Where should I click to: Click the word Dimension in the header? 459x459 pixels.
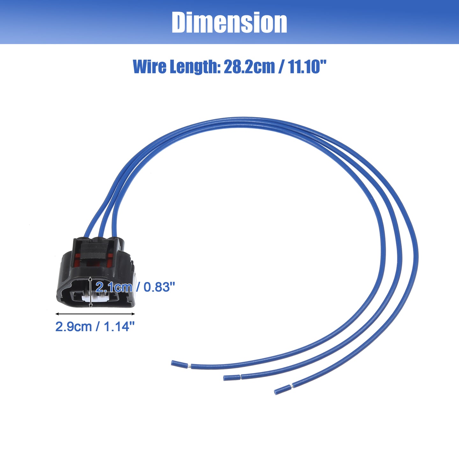pyautogui.click(x=229, y=23)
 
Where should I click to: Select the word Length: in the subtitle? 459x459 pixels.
pyautogui.click(x=195, y=67)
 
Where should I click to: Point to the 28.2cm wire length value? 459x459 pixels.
pyautogui.click(x=249, y=67)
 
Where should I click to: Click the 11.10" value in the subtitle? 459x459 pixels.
pyautogui.click(x=307, y=67)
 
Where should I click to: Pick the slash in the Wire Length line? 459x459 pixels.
pyautogui.click(x=281, y=67)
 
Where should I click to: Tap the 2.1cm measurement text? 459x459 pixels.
pyautogui.click(x=114, y=287)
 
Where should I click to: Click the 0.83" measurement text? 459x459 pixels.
pyautogui.click(x=159, y=287)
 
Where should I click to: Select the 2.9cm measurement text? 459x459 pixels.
pyautogui.click(x=73, y=326)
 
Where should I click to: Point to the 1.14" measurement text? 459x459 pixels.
pyautogui.click(x=119, y=326)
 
